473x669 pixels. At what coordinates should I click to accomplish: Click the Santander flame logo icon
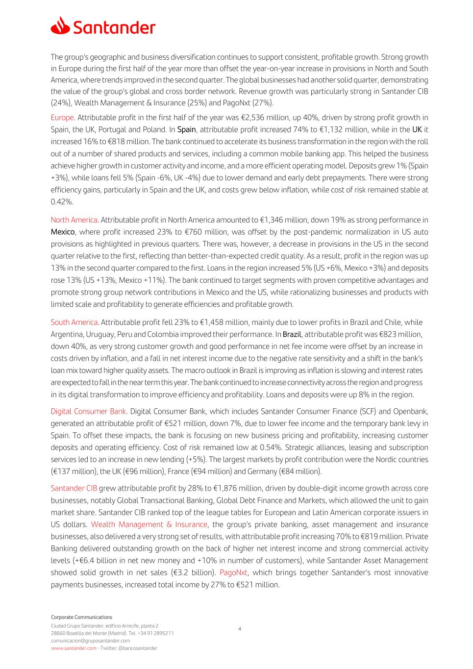[x=60, y=25]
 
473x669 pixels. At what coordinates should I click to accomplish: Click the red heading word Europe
[x=62, y=118]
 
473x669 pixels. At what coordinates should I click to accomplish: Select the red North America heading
[x=74, y=220]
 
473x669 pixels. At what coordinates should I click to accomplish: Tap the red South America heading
[x=74, y=322]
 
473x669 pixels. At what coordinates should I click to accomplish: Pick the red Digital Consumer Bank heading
[x=88, y=411]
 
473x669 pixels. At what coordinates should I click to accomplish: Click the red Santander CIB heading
[x=74, y=488]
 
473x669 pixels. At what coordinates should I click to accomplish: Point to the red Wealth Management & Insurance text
[x=149, y=524]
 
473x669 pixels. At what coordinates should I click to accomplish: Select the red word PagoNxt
[x=233, y=572]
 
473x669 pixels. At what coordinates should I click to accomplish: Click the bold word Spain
[x=186, y=130]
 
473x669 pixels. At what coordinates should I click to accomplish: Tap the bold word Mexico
[x=63, y=232]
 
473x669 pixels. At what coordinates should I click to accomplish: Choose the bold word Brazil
[x=292, y=334]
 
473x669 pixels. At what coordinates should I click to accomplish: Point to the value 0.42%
[x=62, y=202]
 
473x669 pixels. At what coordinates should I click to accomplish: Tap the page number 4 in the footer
[x=239, y=629]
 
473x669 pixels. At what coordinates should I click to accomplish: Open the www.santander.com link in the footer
[x=74, y=648]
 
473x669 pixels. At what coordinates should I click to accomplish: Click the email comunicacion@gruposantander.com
[x=90, y=641]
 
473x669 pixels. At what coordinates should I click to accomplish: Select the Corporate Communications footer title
[x=81, y=617]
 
